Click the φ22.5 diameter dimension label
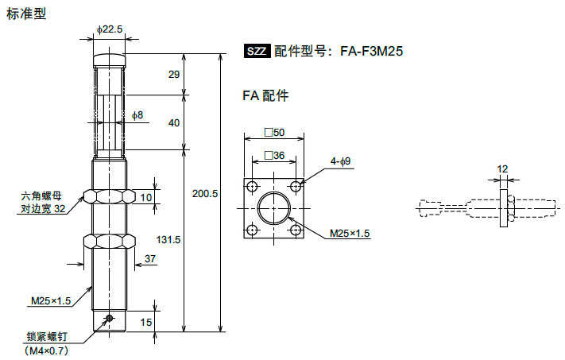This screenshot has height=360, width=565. point(110,29)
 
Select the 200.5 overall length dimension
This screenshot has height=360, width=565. point(205,194)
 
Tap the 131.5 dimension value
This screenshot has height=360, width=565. point(166,239)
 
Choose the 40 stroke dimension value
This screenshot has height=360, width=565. point(174,123)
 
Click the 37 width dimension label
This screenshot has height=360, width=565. point(151,257)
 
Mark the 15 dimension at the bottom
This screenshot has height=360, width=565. point(145,322)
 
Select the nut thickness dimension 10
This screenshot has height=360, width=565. point(145,196)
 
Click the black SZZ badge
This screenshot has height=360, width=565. point(257,52)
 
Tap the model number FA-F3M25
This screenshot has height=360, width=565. point(372,52)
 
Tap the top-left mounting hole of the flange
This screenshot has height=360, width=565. point(252,187)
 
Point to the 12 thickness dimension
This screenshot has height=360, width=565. point(501,168)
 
